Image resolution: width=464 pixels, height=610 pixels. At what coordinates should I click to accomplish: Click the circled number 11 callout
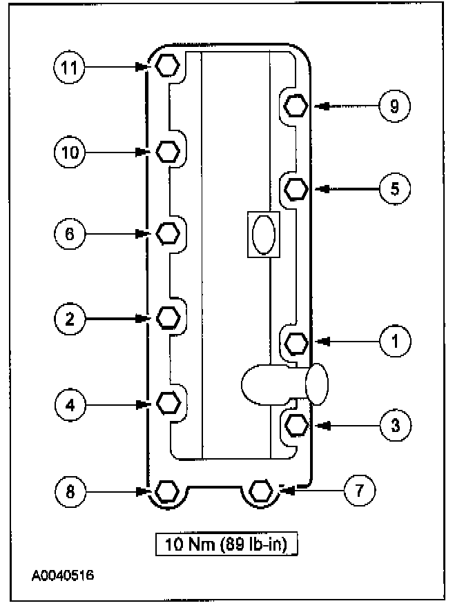click(x=69, y=67)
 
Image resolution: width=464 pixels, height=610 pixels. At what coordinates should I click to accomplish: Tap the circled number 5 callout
click(x=394, y=188)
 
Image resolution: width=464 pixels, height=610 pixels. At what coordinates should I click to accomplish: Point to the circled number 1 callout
click(x=394, y=340)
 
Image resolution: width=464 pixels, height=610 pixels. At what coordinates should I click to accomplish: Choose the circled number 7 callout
click(x=360, y=491)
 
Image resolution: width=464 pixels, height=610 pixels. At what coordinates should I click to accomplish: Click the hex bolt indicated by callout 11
click(x=166, y=66)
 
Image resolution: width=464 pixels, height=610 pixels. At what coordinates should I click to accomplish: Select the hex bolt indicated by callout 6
click(x=168, y=234)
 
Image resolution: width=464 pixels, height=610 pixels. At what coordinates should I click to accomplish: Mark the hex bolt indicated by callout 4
click(x=168, y=402)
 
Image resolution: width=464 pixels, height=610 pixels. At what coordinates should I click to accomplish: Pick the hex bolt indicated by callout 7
click(x=261, y=491)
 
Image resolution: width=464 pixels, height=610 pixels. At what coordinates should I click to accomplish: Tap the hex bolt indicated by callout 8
click(x=166, y=491)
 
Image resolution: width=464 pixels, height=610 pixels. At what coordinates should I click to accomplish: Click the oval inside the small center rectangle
click(x=263, y=235)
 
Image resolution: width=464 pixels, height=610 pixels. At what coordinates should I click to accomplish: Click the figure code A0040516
click(x=62, y=574)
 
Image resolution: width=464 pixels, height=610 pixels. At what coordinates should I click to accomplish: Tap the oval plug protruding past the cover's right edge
click(x=316, y=384)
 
